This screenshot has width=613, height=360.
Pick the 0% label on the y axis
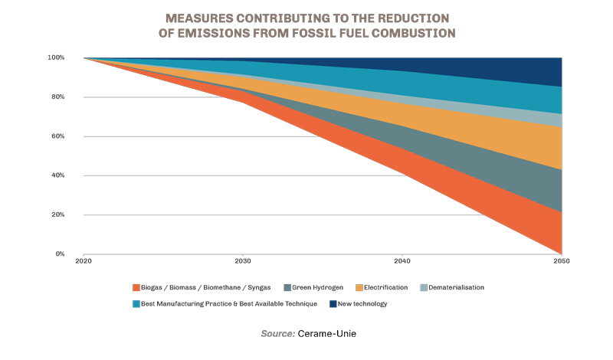[x=60, y=254]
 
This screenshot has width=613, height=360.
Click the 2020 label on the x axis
[x=84, y=262]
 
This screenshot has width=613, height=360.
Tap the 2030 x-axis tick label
[x=243, y=262]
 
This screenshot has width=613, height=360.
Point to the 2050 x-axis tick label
[x=562, y=262]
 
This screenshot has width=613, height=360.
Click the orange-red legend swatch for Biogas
[x=136, y=288]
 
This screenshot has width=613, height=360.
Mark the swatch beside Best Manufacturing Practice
[x=136, y=304]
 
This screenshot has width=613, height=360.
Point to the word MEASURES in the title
[x=197, y=17]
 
